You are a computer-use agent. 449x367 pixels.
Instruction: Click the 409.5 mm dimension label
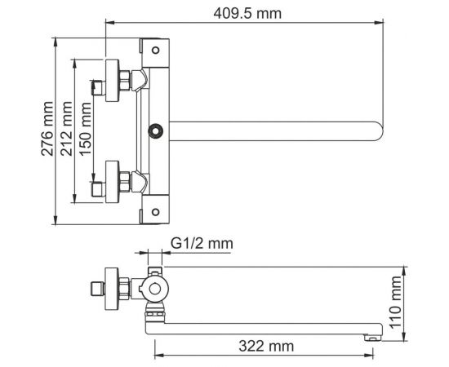point(247,13)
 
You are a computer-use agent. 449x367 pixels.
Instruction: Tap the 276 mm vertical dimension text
point(47,129)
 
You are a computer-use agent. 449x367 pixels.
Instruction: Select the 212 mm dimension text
point(66,129)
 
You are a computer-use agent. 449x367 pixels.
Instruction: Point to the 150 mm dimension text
point(86,129)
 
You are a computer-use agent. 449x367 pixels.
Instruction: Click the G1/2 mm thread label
point(202,244)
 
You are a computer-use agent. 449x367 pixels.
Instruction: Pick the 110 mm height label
point(396,303)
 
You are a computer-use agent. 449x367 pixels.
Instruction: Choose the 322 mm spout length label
point(266,346)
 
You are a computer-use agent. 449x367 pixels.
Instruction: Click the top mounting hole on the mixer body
point(155,51)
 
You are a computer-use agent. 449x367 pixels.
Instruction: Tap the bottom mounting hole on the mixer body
point(155,212)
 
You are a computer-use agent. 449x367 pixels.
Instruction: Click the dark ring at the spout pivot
point(155,131)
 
